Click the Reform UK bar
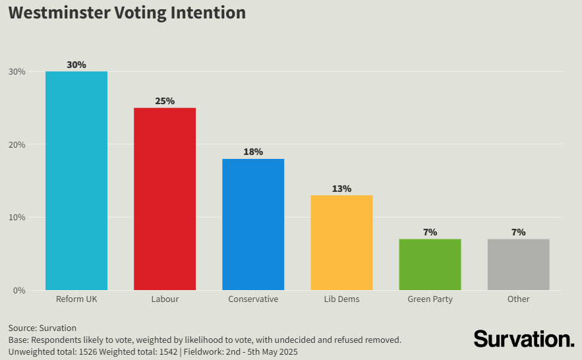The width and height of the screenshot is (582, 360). [76, 181]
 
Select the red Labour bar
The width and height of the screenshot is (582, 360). [165, 198]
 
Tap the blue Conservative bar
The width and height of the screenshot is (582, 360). [253, 224]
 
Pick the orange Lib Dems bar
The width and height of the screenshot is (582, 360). [341, 243]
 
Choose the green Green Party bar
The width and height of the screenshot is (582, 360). [430, 264]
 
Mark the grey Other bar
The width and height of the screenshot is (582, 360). [518, 264]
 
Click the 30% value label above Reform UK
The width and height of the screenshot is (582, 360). [76, 65]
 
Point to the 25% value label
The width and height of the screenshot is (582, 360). [165, 101]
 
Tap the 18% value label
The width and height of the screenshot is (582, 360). [253, 152]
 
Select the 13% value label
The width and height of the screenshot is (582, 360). [341, 189]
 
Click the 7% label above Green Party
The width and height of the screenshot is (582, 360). [430, 232]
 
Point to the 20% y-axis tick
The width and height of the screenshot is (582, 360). [17, 144]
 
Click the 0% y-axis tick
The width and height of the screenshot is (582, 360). [19, 290]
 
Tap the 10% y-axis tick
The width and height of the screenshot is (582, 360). [17, 218]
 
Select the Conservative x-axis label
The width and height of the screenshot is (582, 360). [253, 299]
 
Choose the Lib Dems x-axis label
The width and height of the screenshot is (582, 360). [341, 299]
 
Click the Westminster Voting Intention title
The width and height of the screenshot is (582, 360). [127, 13]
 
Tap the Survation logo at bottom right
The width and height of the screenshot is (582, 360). [524, 339]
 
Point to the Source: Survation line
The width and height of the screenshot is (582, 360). [42, 328]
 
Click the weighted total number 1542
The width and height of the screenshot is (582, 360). [167, 352]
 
